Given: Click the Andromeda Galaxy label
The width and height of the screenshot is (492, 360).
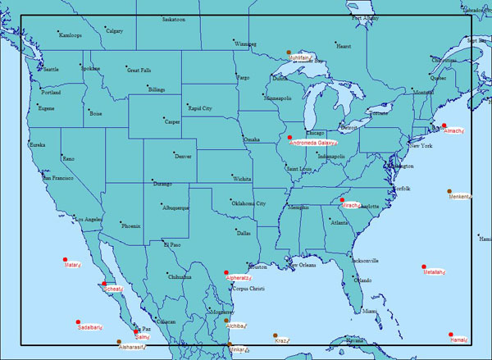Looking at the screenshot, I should [x=314, y=143].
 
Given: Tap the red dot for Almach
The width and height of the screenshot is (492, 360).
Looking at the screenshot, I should [x=444, y=125].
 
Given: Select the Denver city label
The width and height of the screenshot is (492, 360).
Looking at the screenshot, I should [x=184, y=156].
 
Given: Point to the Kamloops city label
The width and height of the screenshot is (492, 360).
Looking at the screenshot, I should [x=71, y=35].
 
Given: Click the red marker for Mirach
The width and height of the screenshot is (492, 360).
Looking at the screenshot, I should [x=342, y=199].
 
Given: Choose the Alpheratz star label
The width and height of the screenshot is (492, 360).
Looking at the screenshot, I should [x=239, y=278].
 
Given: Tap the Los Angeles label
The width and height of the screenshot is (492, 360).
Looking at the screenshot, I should [x=88, y=220].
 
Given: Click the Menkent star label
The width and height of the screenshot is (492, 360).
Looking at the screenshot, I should [x=461, y=197].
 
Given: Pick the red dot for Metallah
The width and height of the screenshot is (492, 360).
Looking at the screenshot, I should [x=424, y=267].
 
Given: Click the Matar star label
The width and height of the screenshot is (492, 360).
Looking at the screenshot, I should [x=71, y=265].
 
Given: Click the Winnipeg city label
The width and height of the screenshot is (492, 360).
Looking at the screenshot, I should [x=245, y=43].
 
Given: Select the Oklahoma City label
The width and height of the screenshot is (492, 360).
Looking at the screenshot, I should [x=248, y=203].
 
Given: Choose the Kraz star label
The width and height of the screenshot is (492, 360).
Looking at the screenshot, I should [x=282, y=340].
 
